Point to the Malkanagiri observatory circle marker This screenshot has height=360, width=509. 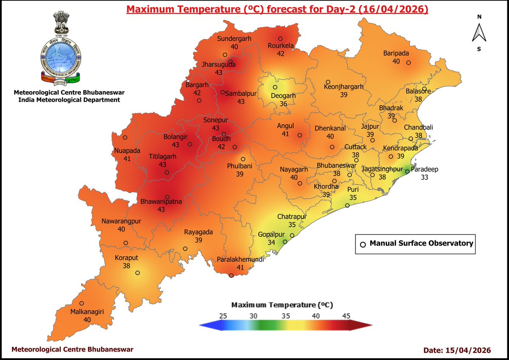[x=81, y=303]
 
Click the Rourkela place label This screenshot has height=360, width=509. [x=280, y=46]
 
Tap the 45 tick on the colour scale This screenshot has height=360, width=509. [x=346, y=315]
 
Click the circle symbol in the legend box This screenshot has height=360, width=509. [x=363, y=244]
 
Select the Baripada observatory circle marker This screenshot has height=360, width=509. [x=408, y=63]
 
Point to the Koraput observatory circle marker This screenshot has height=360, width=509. [x=137, y=273]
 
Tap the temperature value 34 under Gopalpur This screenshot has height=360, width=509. [x=271, y=242]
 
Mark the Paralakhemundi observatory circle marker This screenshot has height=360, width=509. [x=231, y=276]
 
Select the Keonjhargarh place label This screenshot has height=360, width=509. [x=344, y=87]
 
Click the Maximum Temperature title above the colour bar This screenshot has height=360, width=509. [x=282, y=305]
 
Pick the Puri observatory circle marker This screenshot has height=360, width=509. [x=347, y=206]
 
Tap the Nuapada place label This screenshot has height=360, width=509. [x=126, y=151]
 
